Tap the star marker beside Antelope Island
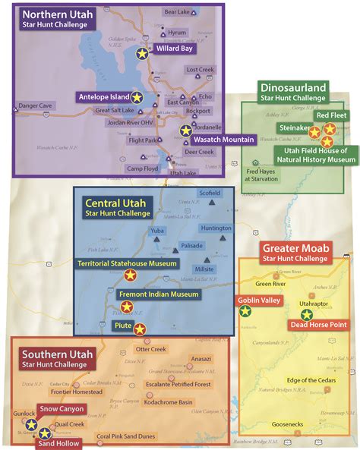click(137, 97)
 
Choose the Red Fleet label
click(333, 115)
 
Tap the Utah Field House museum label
click(314, 156)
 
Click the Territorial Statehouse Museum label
click(128, 263)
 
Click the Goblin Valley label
click(261, 301)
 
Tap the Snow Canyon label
click(59, 409)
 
